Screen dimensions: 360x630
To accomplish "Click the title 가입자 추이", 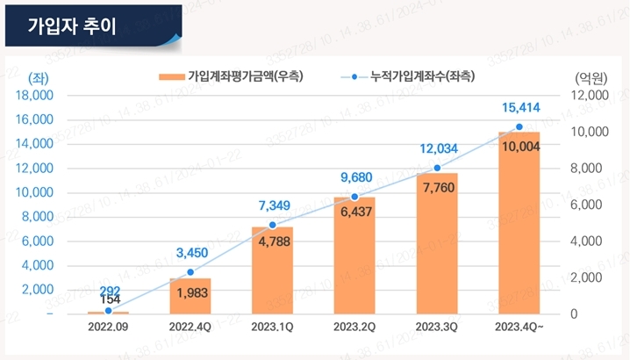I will click(x=66, y=25).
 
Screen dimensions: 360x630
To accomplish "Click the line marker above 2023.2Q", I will click(x=354, y=197).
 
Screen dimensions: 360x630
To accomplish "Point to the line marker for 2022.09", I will click(x=108, y=310).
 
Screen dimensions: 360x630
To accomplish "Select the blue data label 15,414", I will click(x=520, y=108).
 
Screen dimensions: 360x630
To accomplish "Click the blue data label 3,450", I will click(x=190, y=253).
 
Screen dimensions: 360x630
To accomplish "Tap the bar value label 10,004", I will click(x=520, y=146).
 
